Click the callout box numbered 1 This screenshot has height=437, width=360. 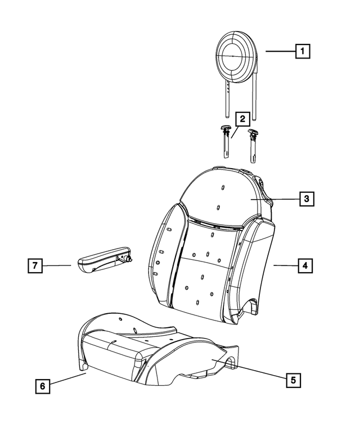303,52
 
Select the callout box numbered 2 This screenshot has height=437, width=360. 242,119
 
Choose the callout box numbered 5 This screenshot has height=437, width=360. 292,380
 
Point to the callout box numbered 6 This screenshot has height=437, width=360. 41,386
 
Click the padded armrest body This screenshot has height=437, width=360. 98,261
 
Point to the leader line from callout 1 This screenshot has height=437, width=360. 280,52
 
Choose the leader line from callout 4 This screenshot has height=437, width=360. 284,264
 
